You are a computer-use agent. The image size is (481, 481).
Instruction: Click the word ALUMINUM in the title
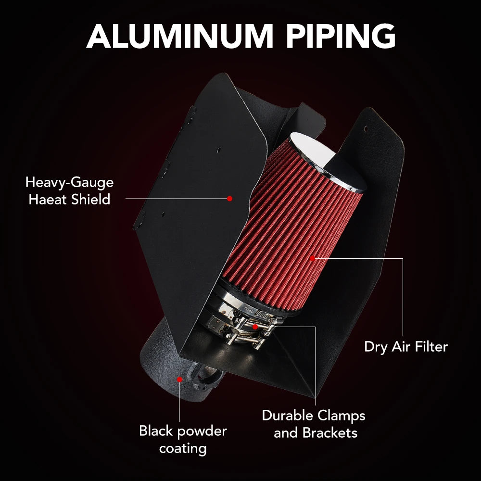180,36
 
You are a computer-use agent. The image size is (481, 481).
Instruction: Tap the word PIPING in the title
341,36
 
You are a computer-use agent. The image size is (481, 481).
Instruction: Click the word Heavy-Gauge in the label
70,183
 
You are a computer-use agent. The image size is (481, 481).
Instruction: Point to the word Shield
90,200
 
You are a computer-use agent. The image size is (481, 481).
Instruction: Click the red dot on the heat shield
229,199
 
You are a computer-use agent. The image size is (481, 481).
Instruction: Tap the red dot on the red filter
312,258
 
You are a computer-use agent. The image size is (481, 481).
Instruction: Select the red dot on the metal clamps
255,327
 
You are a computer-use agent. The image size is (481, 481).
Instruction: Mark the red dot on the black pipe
179,380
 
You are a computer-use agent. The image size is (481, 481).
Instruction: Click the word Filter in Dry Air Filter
431,347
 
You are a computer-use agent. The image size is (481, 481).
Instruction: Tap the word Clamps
341,417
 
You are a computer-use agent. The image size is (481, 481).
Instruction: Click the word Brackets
330,433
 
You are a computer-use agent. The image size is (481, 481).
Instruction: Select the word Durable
288,416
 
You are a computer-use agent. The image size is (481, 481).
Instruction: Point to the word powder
200,432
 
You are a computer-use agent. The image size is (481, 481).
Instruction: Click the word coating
183,449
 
